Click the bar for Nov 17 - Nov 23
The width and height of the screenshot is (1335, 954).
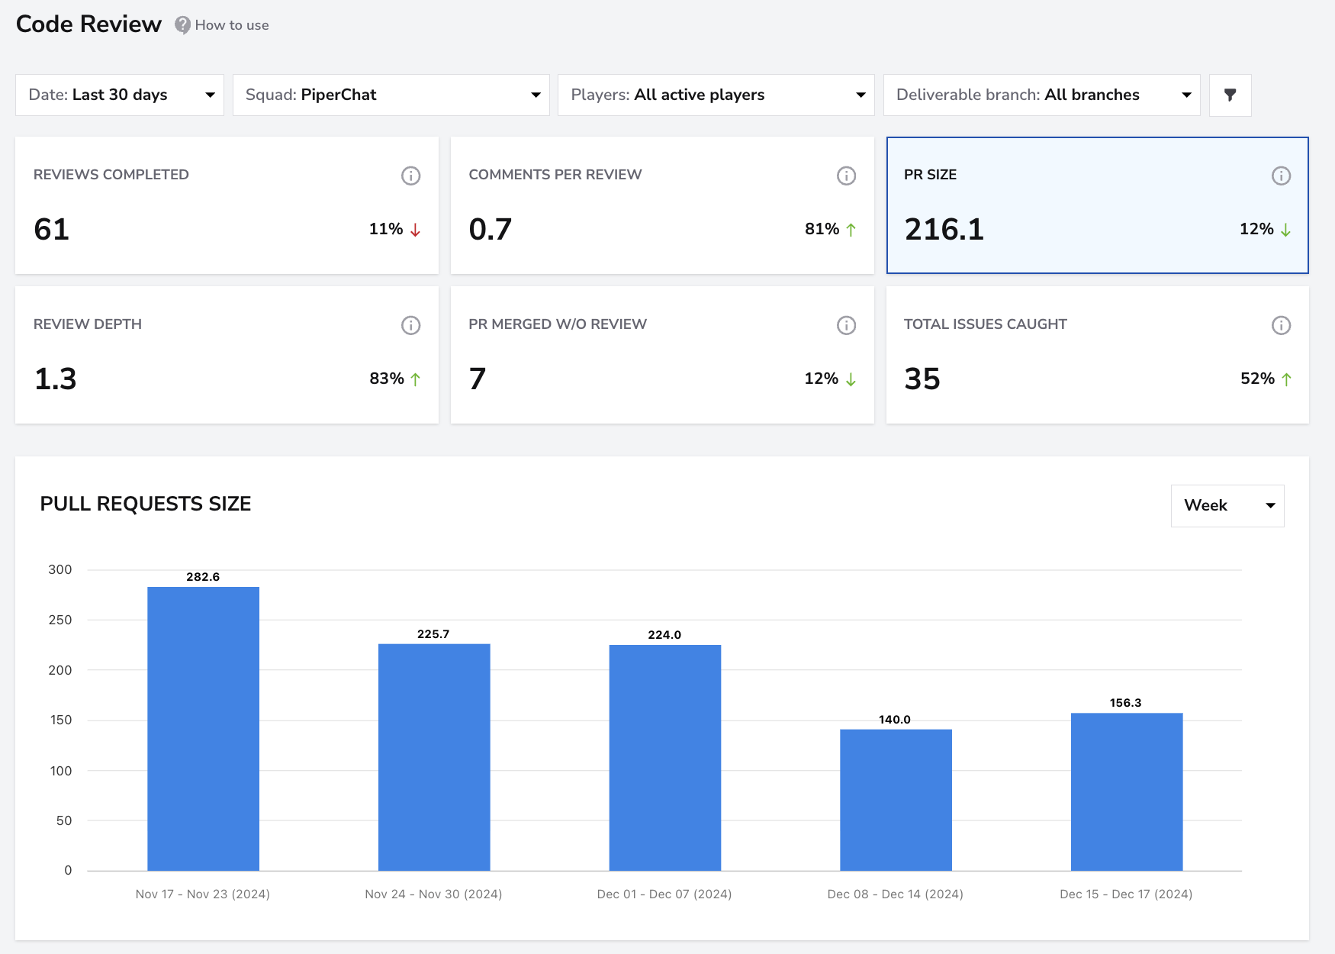(203, 729)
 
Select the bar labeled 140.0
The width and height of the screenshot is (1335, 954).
(896, 800)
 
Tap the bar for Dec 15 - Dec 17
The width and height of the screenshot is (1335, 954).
(1127, 792)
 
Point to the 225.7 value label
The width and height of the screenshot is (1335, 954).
(433, 634)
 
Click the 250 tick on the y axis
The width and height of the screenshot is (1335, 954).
(60, 620)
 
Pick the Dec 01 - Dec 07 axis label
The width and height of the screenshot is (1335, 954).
(664, 894)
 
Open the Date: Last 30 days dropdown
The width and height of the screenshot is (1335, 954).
(120, 95)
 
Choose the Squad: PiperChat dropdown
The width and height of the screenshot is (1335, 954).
(391, 95)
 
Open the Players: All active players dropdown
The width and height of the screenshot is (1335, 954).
(716, 95)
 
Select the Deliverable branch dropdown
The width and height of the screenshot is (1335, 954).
(1042, 95)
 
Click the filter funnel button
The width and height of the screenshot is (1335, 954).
(1230, 95)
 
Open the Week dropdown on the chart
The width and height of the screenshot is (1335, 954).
(1227, 505)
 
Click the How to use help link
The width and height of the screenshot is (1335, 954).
(222, 25)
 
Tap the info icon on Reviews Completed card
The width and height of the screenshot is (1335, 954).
(411, 176)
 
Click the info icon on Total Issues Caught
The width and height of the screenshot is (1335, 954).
(1282, 325)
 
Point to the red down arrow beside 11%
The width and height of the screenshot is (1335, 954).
(415, 230)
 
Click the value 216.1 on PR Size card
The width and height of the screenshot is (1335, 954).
(944, 229)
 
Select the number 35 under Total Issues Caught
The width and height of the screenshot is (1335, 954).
(922, 379)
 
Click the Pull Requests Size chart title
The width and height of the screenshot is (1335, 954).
(146, 504)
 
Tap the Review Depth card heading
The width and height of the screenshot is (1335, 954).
(88, 324)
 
